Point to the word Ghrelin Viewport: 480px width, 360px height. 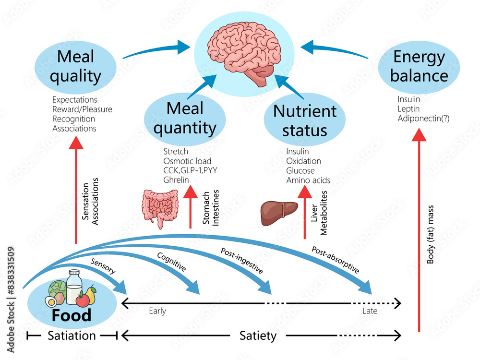176,180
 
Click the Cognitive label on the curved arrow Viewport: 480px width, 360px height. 171,263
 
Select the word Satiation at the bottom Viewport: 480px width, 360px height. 72,336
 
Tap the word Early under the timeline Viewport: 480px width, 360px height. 157,311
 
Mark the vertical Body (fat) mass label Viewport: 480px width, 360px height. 431,235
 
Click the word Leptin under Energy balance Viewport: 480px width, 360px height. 408,109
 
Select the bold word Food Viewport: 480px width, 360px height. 72,315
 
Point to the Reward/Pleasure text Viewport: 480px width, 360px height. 82,109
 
